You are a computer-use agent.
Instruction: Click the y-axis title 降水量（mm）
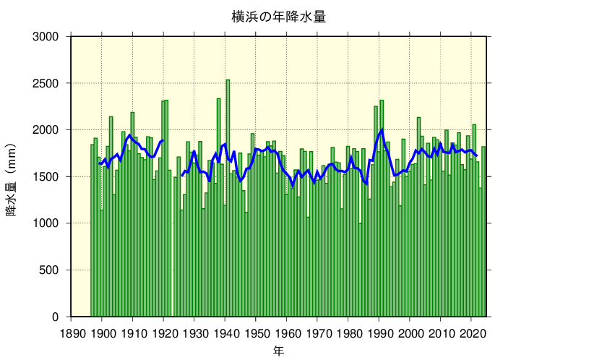tap(12, 176)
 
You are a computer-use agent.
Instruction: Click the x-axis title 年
tap(279, 351)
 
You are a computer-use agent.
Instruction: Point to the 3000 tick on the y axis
tap(51, 36)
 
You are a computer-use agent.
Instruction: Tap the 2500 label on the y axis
tap(51, 83)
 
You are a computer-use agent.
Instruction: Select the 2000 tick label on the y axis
tap(51, 130)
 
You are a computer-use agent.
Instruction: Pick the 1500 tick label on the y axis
tap(51, 176)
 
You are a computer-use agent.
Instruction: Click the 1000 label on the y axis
tap(51, 223)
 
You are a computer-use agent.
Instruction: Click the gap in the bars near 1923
tap(172, 289)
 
